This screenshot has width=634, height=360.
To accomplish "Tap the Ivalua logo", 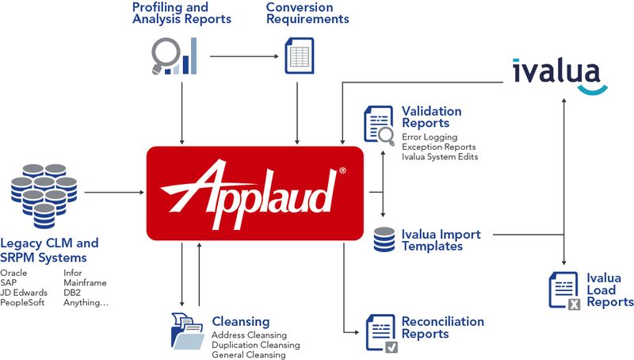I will point(559,74).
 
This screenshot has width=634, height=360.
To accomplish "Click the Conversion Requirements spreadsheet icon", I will point(299,56).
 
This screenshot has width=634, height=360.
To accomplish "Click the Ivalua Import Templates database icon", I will point(384,239).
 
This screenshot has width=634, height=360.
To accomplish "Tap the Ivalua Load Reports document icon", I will point(563,289).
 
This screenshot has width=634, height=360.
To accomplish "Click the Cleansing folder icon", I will point(187,331).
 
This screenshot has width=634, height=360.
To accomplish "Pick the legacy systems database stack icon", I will point(43,193).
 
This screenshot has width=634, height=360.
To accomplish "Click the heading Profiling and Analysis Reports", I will point(181,13).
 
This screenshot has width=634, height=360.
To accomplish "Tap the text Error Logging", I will point(429,137).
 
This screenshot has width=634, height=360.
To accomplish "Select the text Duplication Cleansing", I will point(255,345).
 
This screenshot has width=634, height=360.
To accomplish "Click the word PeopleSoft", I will point(23,302).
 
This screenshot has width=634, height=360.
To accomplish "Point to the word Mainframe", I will point(85,282).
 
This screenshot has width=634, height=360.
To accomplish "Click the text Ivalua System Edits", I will point(439,157).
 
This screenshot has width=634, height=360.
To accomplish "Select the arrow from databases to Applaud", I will point(113,192).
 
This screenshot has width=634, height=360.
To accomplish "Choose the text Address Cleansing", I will point(249,335).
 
